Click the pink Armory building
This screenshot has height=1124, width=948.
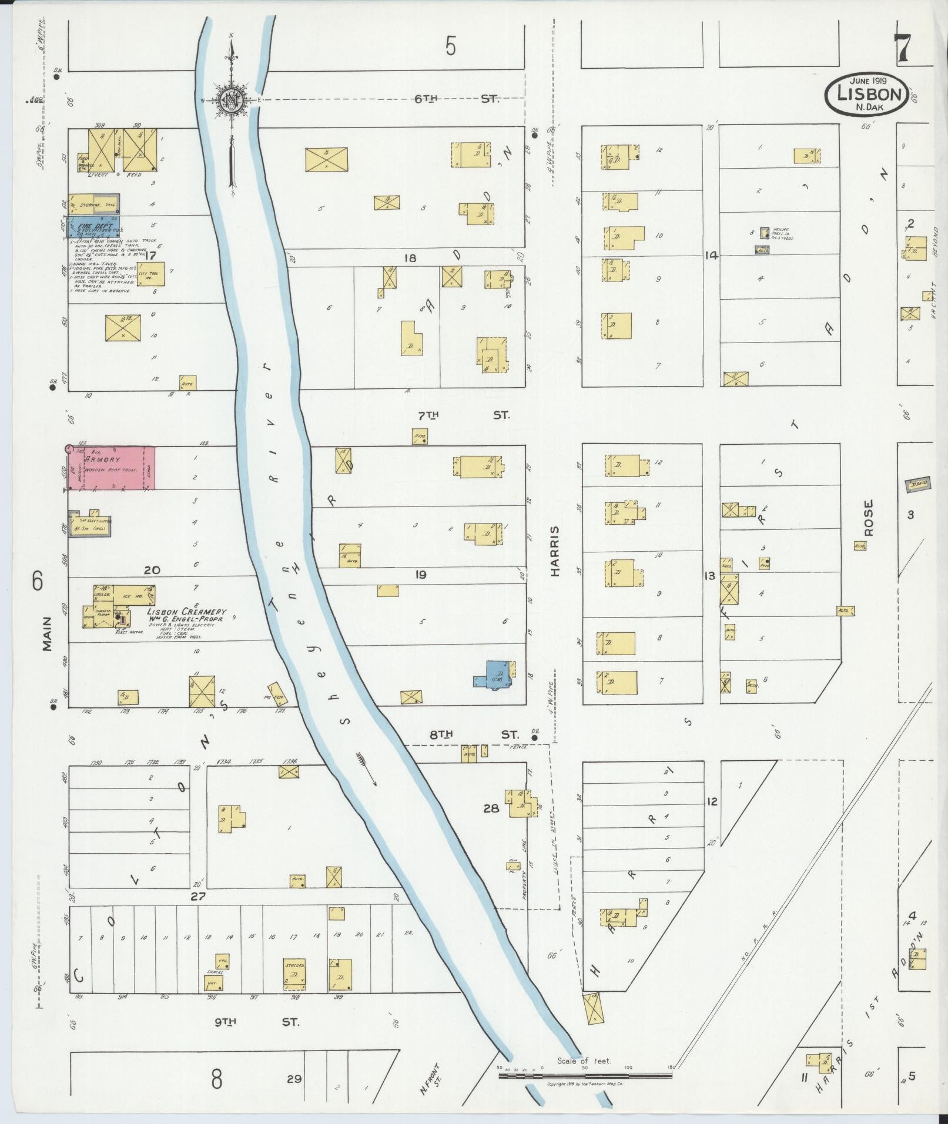tap(112, 468)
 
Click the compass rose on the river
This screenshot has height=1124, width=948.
tap(232, 100)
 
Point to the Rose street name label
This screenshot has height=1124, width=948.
tap(869, 518)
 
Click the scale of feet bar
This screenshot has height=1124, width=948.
tap(585, 1076)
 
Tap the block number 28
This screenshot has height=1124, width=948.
tap(491, 808)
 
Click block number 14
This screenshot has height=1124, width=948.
tap(712, 256)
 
